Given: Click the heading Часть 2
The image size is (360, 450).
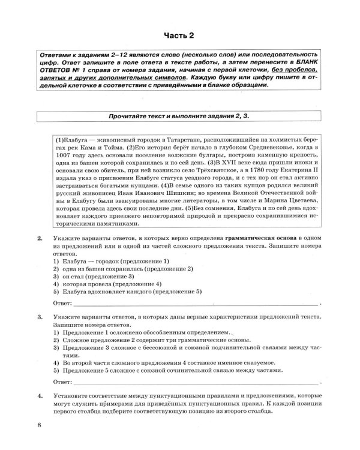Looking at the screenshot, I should tap(180, 35).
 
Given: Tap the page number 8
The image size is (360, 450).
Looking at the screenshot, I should tap(39, 426).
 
